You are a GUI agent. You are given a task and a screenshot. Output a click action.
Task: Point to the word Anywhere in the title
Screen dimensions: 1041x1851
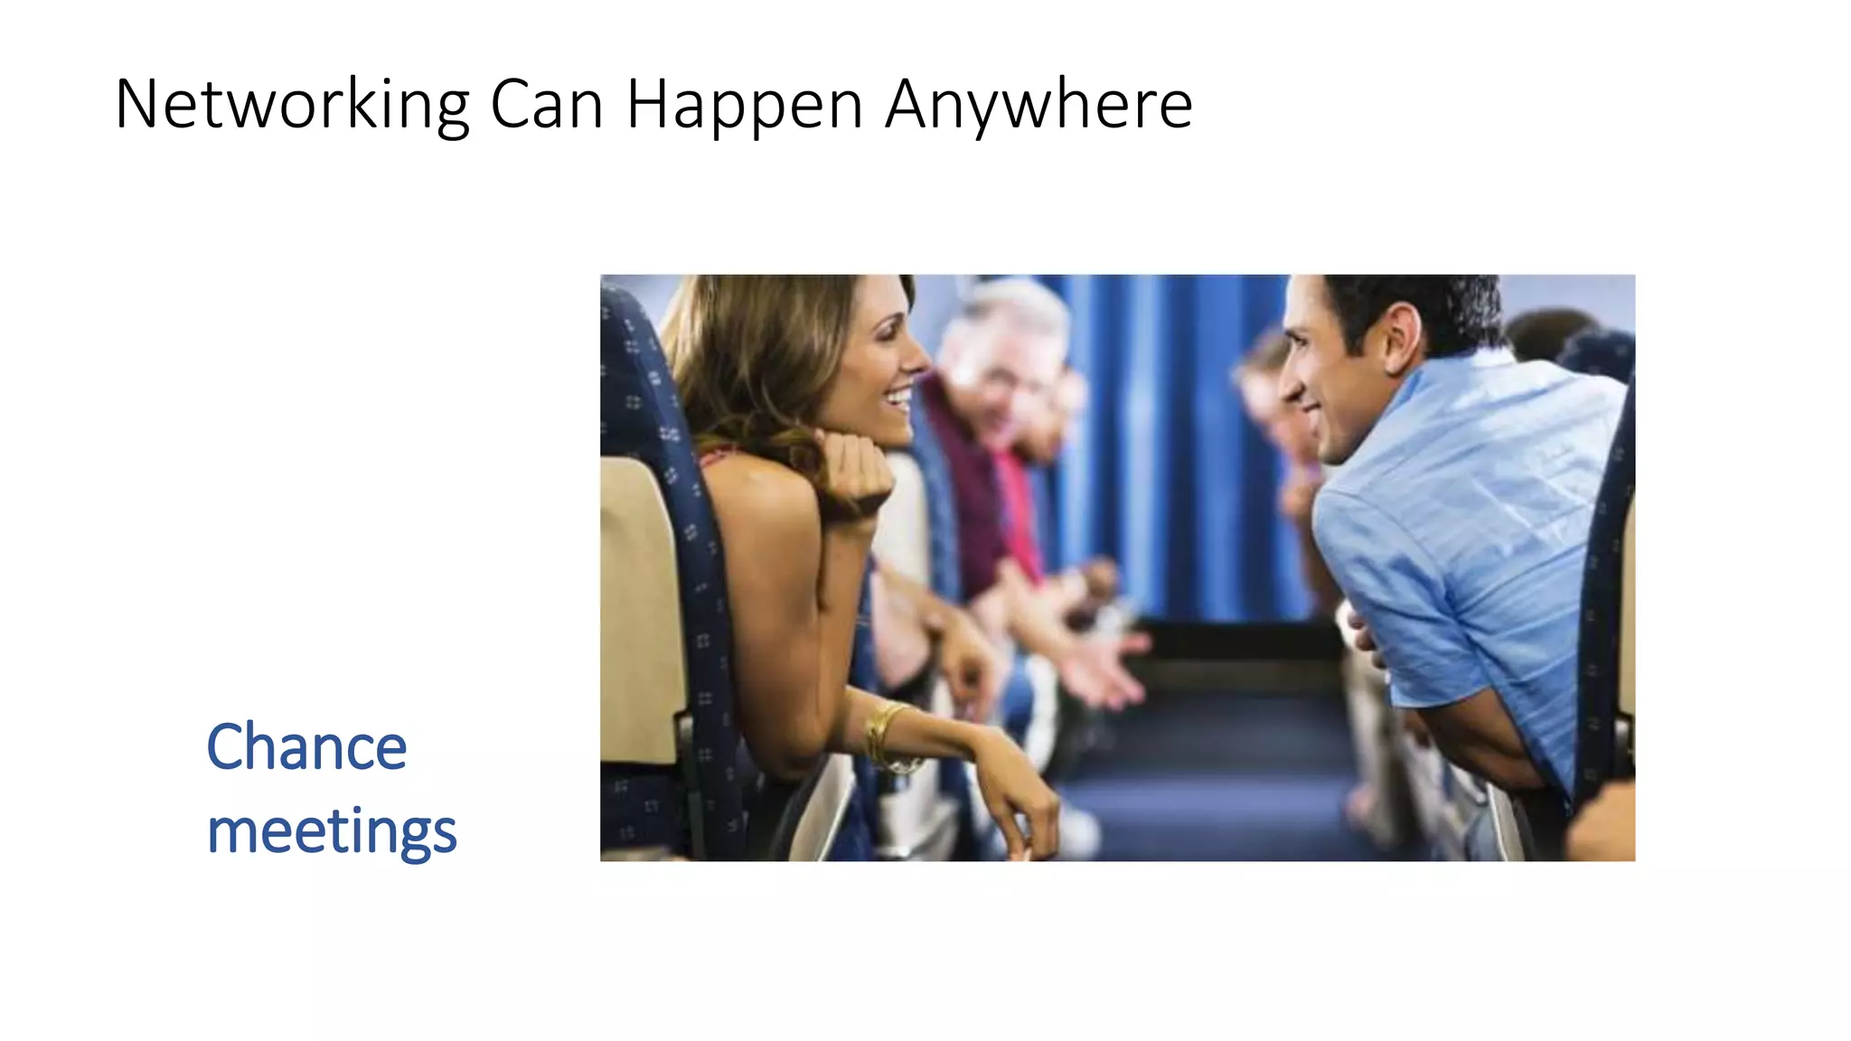[1038, 105]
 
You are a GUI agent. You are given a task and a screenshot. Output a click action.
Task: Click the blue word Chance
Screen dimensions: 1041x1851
[306, 747]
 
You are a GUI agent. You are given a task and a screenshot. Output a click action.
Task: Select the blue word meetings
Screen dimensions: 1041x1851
[332, 830]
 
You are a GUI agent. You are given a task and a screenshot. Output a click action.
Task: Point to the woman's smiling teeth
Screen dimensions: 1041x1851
[899, 395]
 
